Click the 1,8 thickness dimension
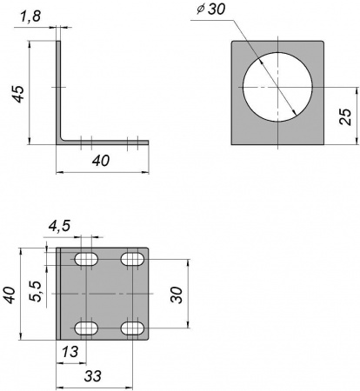tap(30, 17)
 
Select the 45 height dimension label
tap(18, 94)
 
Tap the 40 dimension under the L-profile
tap(101, 161)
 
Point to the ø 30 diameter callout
tap(210, 9)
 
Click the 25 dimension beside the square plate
tap(345, 116)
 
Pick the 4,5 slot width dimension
tap(59, 226)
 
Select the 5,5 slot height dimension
tap(37, 291)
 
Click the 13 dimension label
tap(70, 352)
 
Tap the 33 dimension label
tap(93, 376)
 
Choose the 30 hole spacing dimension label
tap(177, 295)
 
